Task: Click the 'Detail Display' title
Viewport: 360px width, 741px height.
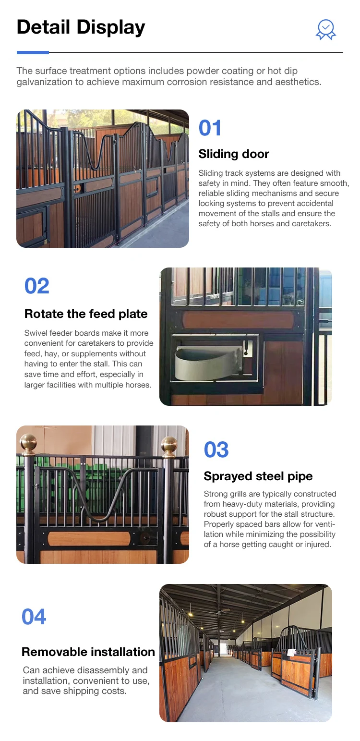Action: point(81,27)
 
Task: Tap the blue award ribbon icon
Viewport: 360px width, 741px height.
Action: point(325,29)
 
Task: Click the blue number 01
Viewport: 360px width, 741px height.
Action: point(210,128)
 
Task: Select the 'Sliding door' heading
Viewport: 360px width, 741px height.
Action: point(234,154)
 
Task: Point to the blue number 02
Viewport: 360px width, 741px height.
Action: point(36,286)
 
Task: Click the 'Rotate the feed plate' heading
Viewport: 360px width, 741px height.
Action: point(86,314)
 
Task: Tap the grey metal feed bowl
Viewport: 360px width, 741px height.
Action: point(209,363)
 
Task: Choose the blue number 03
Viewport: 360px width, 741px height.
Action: point(216,449)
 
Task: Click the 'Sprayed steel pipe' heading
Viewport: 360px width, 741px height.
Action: point(258,476)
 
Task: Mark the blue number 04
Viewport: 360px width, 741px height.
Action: point(34,617)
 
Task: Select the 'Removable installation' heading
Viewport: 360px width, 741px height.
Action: point(88,652)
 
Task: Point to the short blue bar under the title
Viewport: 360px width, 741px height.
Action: point(33,53)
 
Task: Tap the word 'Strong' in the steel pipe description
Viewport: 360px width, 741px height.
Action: point(216,494)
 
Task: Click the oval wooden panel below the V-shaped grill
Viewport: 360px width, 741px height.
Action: point(89,539)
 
